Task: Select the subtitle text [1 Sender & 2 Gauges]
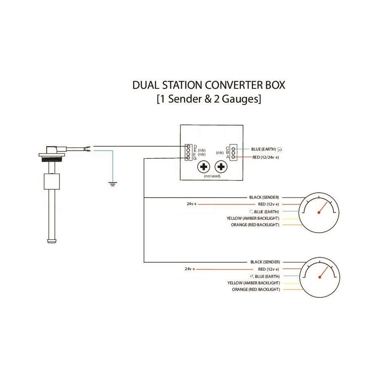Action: click(209, 99)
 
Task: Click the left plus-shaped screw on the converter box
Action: click(204, 167)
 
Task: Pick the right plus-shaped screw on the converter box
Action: click(221, 167)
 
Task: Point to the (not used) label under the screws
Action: click(212, 176)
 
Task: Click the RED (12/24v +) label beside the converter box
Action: click(265, 157)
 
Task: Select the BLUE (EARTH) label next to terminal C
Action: click(264, 149)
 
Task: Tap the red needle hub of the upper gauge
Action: click(319, 212)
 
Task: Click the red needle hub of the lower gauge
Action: click(320, 277)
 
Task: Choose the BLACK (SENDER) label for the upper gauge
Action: click(264, 197)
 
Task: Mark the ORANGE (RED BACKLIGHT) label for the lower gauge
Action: click(256, 290)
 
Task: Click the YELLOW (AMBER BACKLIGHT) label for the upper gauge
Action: click(253, 218)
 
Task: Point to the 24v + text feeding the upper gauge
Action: click(191, 204)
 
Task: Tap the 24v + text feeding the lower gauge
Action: click(190, 269)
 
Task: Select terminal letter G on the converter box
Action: click(194, 159)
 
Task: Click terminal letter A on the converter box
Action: click(228, 157)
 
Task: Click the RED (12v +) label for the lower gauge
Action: click(268, 269)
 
